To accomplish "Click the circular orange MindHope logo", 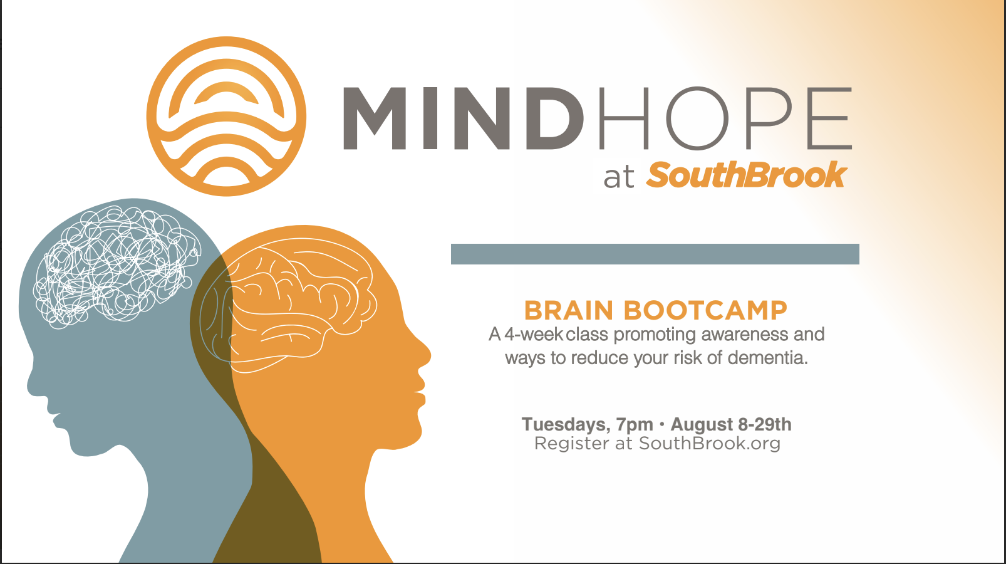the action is (x=226, y=117).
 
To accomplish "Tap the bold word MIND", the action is (x=464, y=118).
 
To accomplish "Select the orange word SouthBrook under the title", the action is (x=747, y=175).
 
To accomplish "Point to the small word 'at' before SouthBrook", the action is (x=618, y=177).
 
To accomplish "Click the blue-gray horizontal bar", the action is (x=655, y=254).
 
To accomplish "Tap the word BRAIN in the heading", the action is (x=569, y=310).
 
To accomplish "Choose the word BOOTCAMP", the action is (x=705, y=310).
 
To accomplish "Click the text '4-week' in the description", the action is (x=534, y=335).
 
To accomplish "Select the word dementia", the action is (x=767, y=358).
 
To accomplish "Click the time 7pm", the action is (x=635, y=425).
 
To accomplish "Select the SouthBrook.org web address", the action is (x=710, y=444).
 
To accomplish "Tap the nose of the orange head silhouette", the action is (x=425, y=355).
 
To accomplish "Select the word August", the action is (x=702, y=425).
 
